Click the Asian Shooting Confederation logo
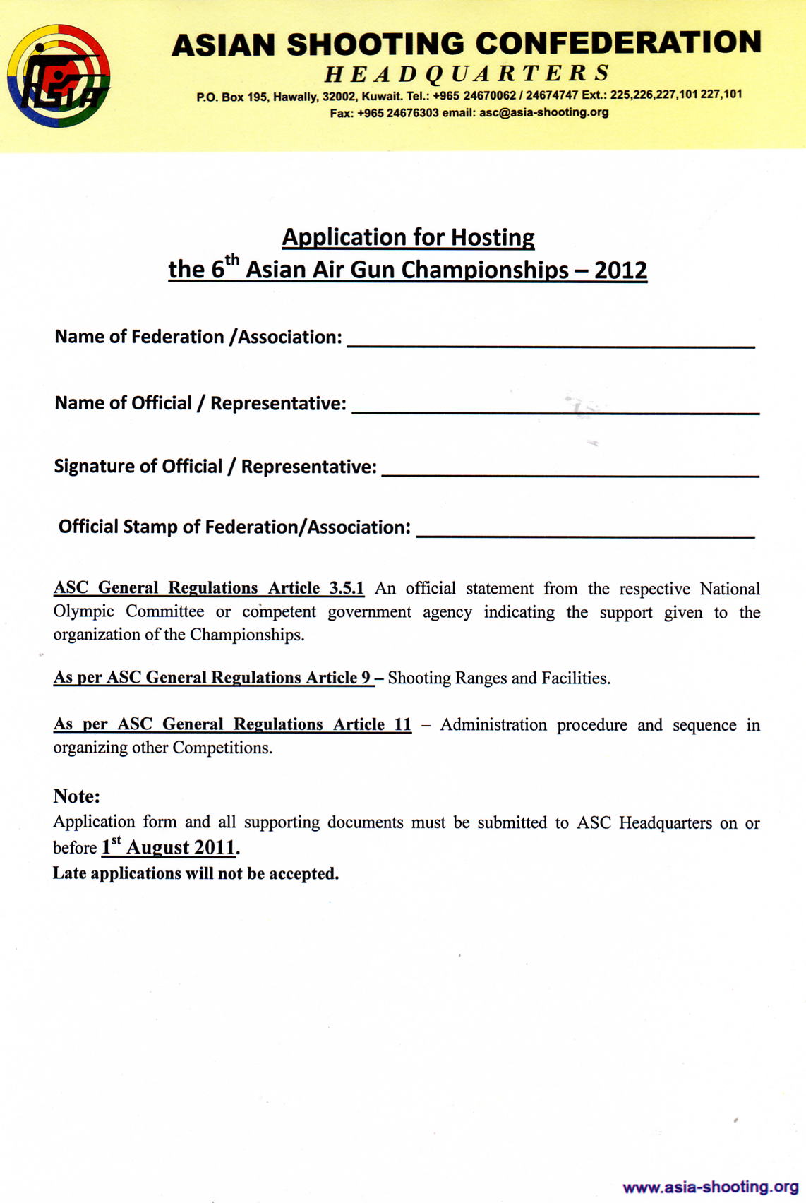point(59,76)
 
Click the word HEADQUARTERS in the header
point(467,73)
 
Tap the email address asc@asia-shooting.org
point(543,112)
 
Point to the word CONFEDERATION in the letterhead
point(618,43)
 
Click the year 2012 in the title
point(620,270)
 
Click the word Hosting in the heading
point(493,237)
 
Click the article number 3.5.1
point(347,588)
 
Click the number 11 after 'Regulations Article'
point(402,724)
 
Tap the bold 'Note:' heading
point(76,796)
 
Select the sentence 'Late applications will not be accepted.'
point(196,873)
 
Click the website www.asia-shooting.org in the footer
point(710,1187)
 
